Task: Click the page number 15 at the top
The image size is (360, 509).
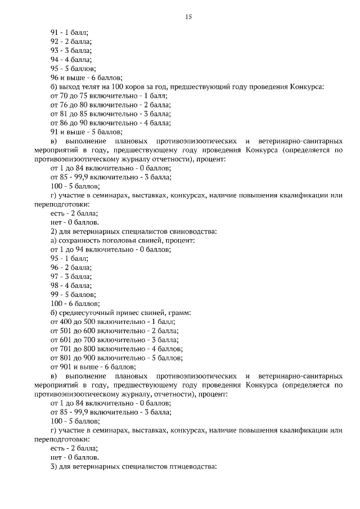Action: (188, 17)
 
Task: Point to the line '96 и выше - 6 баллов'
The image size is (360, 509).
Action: (87, 78)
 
